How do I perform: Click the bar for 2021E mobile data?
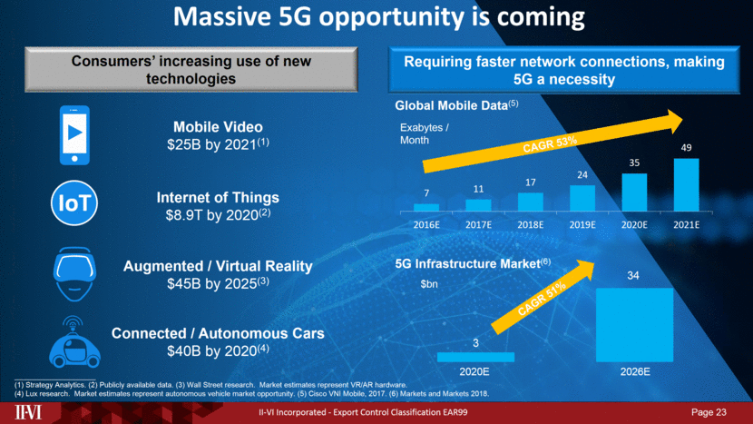pos(687,185)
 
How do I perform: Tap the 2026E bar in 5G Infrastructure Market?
pos(634,324)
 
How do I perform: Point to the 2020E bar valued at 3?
pos(475,357)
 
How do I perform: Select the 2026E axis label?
pos(634,370)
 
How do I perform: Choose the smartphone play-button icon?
pos(80,134)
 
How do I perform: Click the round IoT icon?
pos(80,203)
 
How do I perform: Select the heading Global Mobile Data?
pos(450,105)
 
